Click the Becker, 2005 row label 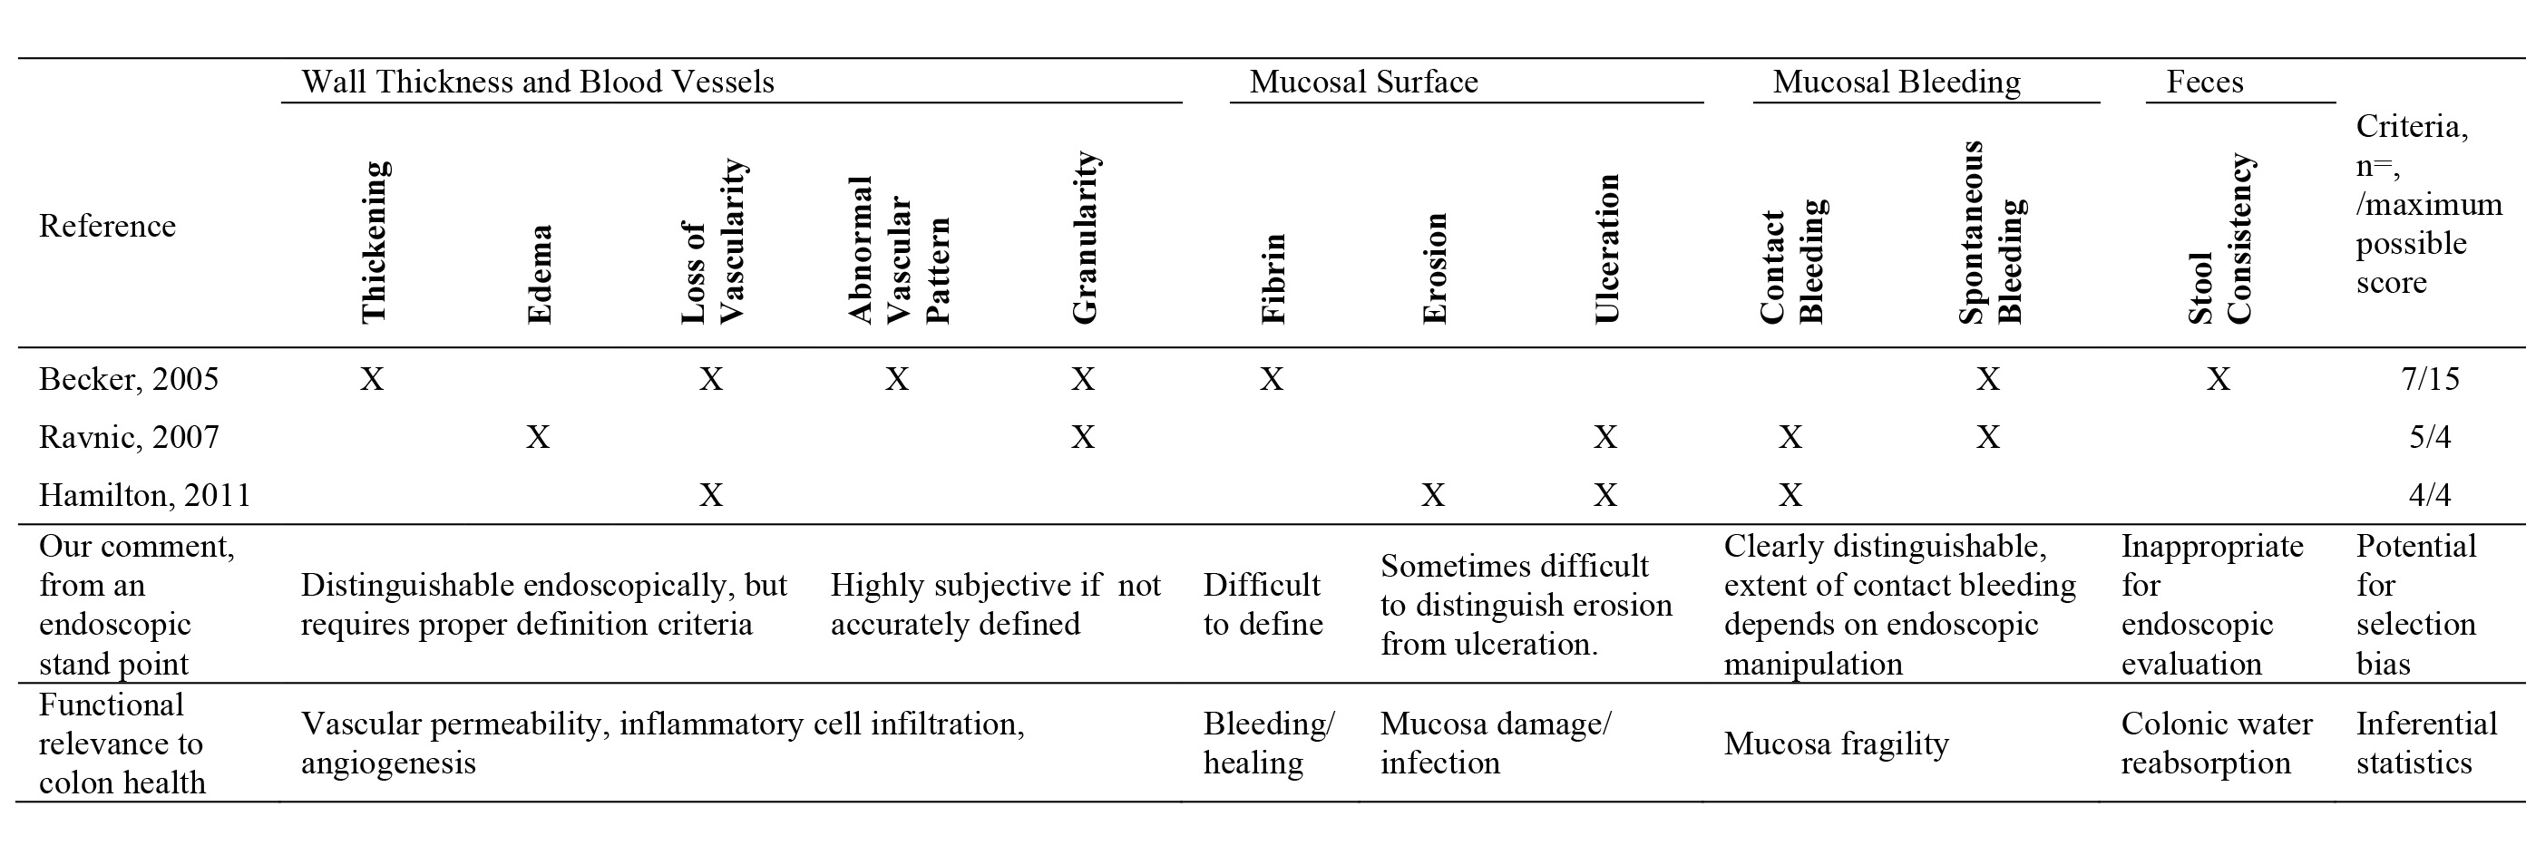(x=129, y=379)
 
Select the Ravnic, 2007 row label (x=129, y=436)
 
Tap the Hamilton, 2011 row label (x=144, y=494)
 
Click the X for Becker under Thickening (x=372, y=379)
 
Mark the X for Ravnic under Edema (x=537, y=436)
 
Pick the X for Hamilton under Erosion (x=1433, y=494)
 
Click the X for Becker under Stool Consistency (x=2219, y=379)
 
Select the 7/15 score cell (x=2430, y=379)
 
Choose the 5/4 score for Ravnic (x=2430, y=436)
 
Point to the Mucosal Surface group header (x=1363, y=82)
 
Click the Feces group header (x=2204, y=82)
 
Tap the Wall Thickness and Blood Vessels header (x=537, y=82)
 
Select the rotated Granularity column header (x=1084, y=238)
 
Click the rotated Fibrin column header (x=1272, y=278)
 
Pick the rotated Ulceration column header (x=1606, y=249)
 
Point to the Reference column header (x=107, y=227)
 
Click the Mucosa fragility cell (x=1836, y=744)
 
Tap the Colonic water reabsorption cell (x=2216, y=743)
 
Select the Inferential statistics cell (x=2426, y=743)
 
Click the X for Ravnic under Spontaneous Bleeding (x=1987, y=436)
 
